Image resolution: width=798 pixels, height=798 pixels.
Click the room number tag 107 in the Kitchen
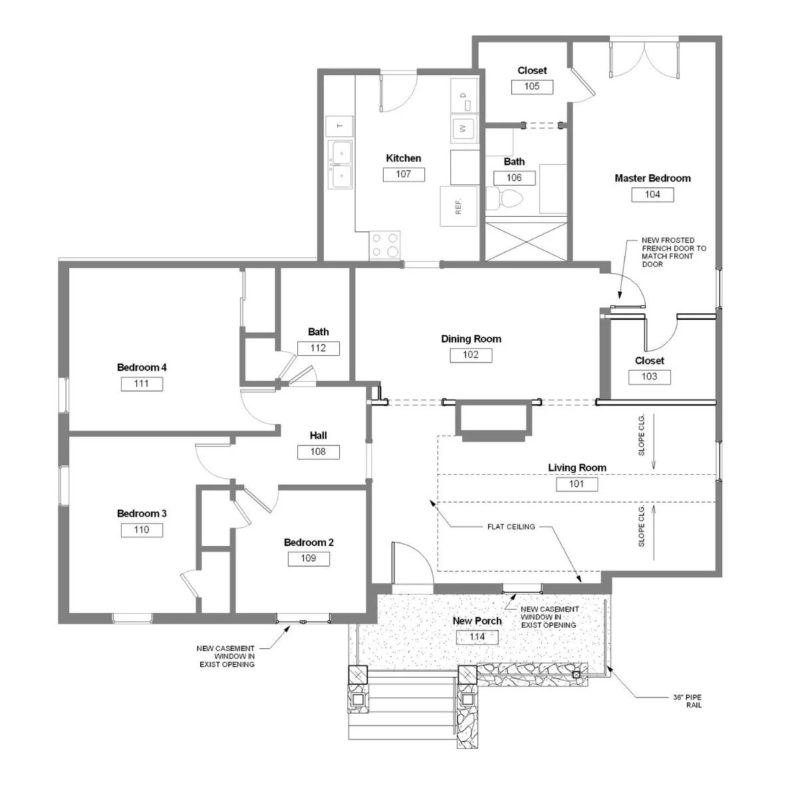point(404,174)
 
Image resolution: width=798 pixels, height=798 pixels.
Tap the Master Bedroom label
point(652,178)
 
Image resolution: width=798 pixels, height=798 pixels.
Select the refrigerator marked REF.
point(458,206)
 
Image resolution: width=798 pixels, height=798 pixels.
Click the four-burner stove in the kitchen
point(384,245)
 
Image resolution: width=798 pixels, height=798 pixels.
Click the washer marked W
point(464,128)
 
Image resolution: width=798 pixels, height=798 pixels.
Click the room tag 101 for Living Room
point(577,484)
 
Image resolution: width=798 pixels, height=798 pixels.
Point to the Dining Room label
point(471,339)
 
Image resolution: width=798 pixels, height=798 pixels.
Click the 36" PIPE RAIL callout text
point(688,701)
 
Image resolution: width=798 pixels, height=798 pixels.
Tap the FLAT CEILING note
point(511,527)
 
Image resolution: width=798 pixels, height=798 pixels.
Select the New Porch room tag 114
point(477,637)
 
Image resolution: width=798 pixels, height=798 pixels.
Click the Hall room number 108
point(318,452)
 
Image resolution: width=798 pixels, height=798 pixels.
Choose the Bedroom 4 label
point(142,367)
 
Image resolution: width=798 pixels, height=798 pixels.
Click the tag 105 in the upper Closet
point(532,86)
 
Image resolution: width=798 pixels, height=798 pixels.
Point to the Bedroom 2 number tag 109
point(309,559)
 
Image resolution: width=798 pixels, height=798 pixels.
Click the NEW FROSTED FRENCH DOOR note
point(674,252)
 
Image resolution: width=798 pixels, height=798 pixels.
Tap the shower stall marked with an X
point(526,242)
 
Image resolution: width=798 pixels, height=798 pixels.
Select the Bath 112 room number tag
point(318,348)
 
